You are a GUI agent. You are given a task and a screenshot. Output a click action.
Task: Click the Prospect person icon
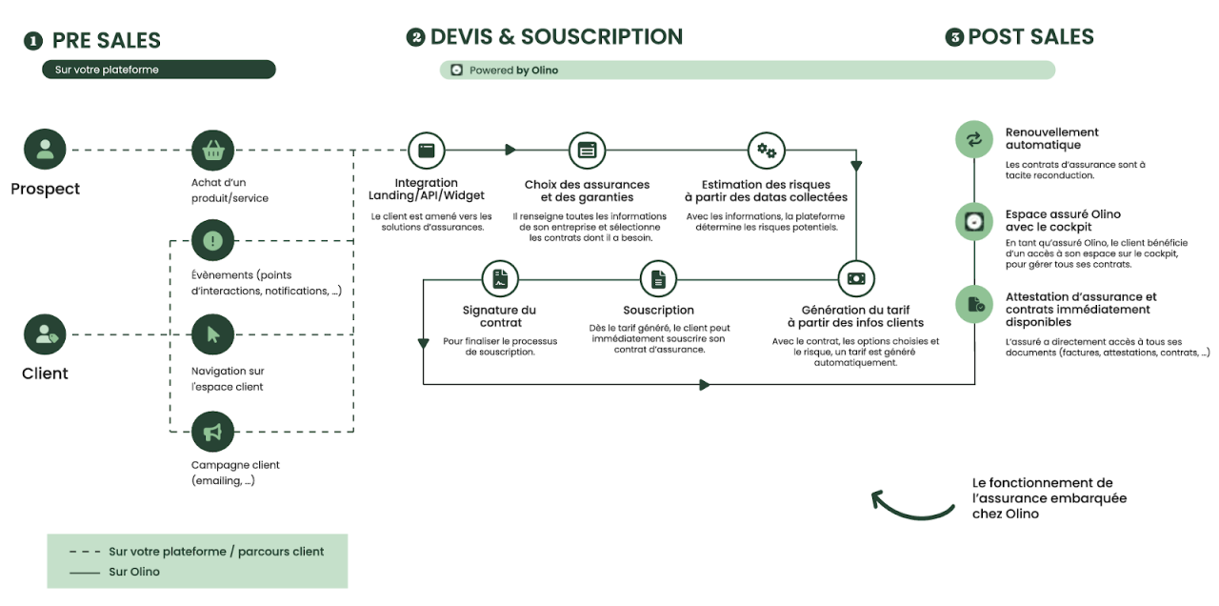(45, 150)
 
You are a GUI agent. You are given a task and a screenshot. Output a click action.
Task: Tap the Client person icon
(45, 334)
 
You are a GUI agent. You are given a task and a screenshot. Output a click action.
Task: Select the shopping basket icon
(212, 150)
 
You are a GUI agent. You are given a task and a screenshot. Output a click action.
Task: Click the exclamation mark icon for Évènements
(212, 241)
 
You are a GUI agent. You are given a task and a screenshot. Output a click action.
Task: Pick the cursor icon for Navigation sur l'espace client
(212, 334)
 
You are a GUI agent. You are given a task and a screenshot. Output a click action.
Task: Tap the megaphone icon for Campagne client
(212, 432)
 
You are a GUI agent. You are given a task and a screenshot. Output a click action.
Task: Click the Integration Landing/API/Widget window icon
(427, 150)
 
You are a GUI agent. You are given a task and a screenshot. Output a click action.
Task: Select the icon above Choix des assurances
(587, 150)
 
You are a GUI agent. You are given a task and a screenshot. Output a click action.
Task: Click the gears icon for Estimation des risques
(766, 150)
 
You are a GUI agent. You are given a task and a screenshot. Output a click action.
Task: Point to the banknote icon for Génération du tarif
(855, 279)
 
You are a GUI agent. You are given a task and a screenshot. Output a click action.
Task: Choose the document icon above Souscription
(658, 279)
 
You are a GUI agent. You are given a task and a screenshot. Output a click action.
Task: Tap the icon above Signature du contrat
(500, 279)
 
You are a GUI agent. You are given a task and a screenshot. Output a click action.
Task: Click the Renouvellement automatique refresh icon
(974, 140)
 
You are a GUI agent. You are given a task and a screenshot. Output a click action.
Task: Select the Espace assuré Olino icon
(974, 222)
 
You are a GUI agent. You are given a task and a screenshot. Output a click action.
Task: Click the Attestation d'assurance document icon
(974, 305)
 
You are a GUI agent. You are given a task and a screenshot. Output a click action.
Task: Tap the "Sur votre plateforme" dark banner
(159, 70)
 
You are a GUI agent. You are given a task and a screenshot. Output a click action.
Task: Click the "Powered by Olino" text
(513, 71)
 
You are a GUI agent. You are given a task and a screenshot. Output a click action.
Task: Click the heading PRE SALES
(106, 40)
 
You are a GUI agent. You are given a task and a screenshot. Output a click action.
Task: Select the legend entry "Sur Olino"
(134, 572)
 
